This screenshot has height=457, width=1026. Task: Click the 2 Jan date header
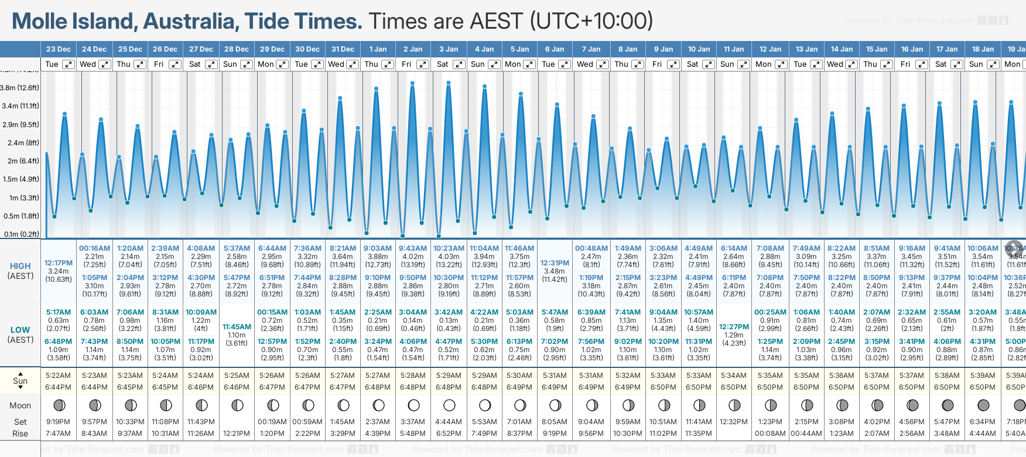[413, 49]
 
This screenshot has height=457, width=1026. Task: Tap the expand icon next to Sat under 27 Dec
[211, 64]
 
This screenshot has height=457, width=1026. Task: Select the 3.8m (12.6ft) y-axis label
[20, 88]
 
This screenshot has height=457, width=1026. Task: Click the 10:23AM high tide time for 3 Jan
[449, 248]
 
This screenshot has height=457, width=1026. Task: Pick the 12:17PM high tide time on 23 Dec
[59, 263]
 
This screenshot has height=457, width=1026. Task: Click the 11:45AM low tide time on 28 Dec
[237, 327]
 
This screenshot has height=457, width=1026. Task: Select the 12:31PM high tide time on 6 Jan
[555, 263]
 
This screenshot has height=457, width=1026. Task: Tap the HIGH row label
[20, 266]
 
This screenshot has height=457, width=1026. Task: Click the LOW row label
[20, 330]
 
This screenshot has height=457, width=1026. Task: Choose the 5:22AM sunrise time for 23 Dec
[59, 376]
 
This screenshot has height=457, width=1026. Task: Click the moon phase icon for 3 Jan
[449, 405]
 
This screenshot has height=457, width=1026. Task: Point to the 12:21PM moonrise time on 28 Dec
[237, 434]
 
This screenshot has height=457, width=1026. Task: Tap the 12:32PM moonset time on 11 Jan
[734, 422]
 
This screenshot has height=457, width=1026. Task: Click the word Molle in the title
[40, 22]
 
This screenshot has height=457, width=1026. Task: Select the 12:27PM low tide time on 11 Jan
[734, 327]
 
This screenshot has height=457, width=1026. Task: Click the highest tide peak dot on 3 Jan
[449, 83]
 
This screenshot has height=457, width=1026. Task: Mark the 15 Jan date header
[877, 49]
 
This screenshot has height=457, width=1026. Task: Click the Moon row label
[20, 405]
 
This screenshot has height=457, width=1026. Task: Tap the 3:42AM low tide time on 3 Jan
[449, 312]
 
